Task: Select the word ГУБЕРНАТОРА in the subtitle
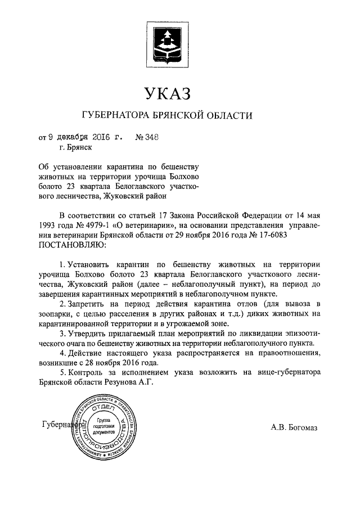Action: (x=115, y=116)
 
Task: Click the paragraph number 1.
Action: (x=62, y=264)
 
